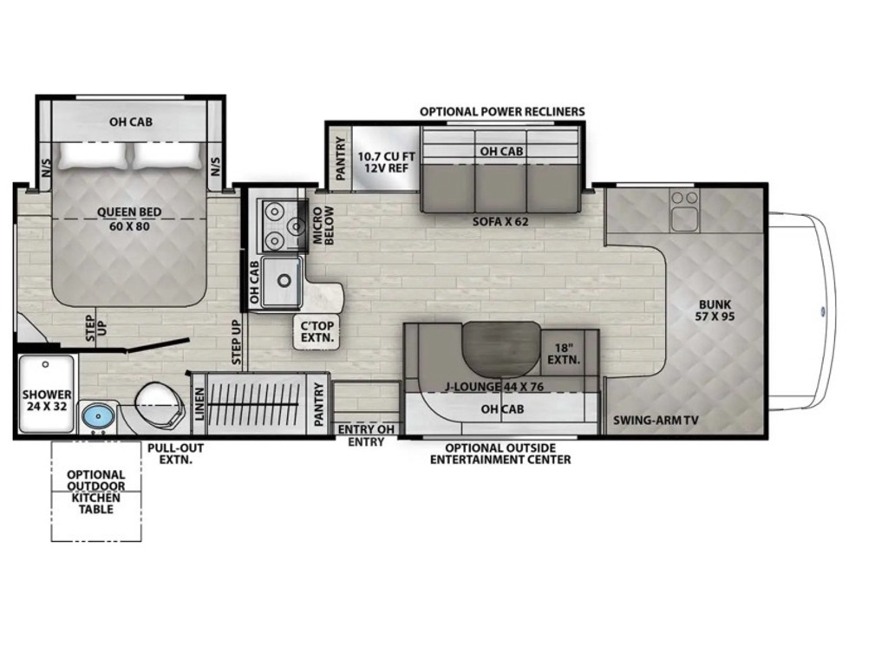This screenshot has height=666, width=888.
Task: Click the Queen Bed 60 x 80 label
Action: tap(129, 219)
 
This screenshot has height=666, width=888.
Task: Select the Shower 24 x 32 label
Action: tap(47, 400)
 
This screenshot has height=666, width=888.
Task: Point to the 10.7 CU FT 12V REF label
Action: tap(386, 162)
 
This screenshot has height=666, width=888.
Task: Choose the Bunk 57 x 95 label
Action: tap(715, 310)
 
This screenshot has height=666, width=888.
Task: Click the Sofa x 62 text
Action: tap(500, 221)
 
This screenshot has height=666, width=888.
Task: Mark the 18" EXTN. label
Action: tap(564, 354)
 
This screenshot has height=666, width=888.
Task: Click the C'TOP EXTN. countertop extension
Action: tap(317, 332)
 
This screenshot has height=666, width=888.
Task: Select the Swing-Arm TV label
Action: tap(656, 421)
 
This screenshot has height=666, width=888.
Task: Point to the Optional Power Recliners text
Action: tap(502, 112)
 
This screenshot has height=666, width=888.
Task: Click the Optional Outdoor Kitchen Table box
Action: tap(95, 491)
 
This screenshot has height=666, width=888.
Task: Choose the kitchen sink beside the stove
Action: tap(281, 281)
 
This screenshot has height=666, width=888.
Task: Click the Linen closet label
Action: tap(199, 404)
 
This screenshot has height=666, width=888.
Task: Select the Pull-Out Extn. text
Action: tap(175, 454)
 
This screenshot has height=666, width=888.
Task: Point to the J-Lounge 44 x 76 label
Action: tap(493, 388)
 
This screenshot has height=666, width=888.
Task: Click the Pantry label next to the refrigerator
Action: tap(340, 160)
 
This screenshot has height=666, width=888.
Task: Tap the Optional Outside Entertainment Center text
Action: tap(500, 454)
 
